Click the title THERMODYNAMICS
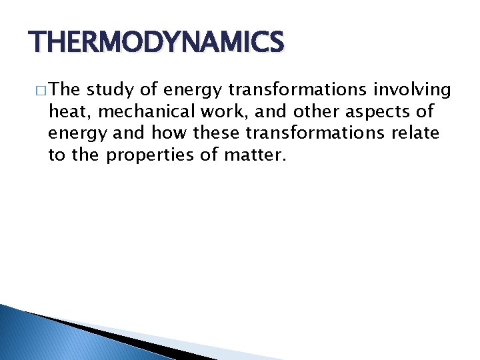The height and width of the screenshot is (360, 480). coord(157,43)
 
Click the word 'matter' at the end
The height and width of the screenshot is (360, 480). coord(253,155)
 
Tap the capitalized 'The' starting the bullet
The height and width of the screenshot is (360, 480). coord(65,89)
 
